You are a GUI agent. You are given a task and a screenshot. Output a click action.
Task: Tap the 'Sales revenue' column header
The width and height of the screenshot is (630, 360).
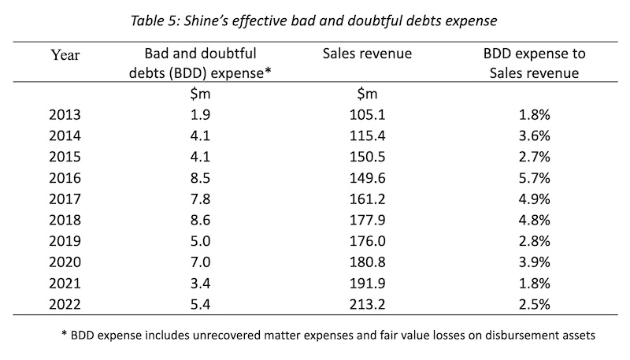pyautogui.click(x=369, y=54)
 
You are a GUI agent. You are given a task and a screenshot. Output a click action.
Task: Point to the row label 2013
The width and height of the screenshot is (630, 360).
pyautogui.click(x=65, y=114)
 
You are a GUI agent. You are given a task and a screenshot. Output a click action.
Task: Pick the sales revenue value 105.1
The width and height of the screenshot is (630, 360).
pyautogui.click(x=369, y=114)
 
